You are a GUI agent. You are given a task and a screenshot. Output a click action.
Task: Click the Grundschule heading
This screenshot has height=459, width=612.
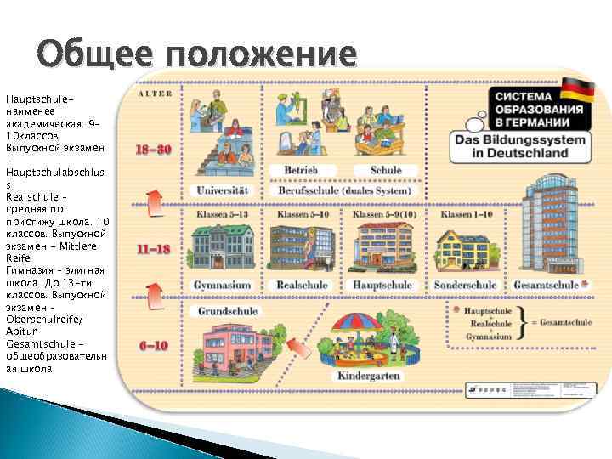[x=224, y=311]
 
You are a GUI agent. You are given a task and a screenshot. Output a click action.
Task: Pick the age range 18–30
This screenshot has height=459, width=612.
[x=155, y=149]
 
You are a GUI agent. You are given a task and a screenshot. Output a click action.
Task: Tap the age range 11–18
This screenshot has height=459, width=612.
[x=155, y=250]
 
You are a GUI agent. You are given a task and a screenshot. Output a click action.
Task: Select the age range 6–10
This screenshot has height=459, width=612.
[x=154, y=346]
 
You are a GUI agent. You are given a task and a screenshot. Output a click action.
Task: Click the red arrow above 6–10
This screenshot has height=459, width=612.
[x=154, y=297]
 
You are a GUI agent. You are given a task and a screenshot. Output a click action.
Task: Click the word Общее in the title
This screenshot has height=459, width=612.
[x=93, y=54]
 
